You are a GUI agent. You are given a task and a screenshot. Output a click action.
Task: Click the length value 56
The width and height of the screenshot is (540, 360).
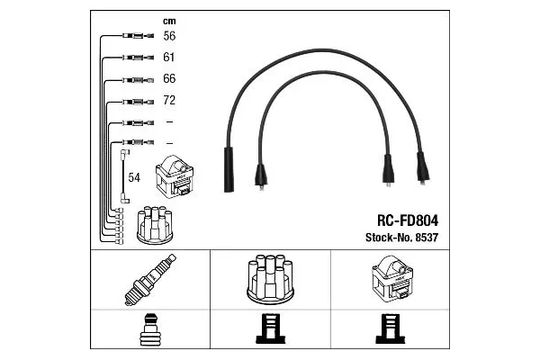168,37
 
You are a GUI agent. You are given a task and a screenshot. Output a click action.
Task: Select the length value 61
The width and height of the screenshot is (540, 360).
168,58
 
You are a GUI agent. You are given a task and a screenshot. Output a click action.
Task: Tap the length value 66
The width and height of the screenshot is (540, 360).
168,79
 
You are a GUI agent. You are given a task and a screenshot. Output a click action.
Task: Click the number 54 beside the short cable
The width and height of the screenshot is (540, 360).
135,178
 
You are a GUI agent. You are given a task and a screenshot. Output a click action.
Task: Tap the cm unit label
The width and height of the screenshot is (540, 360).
168,20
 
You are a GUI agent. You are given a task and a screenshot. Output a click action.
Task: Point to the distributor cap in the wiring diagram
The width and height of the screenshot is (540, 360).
154,225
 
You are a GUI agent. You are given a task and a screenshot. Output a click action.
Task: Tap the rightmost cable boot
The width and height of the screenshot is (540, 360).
422,168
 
